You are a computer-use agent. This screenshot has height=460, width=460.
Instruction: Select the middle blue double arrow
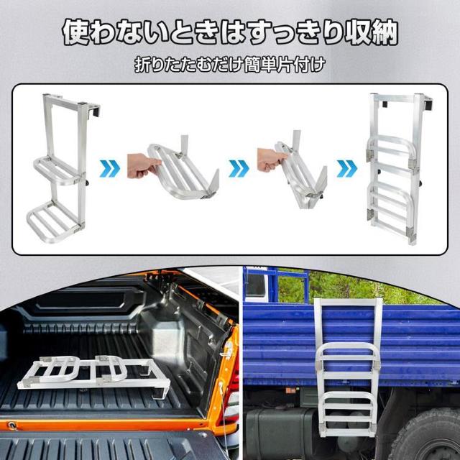tap(239, 170)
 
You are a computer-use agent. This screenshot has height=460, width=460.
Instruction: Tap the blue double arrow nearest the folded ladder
tap(346, 170)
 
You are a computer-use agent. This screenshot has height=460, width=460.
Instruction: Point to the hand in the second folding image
tap(142, 167)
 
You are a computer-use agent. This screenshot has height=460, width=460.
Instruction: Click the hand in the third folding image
tap(268, 162)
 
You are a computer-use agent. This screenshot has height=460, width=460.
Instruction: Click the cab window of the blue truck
tap(255, 285)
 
